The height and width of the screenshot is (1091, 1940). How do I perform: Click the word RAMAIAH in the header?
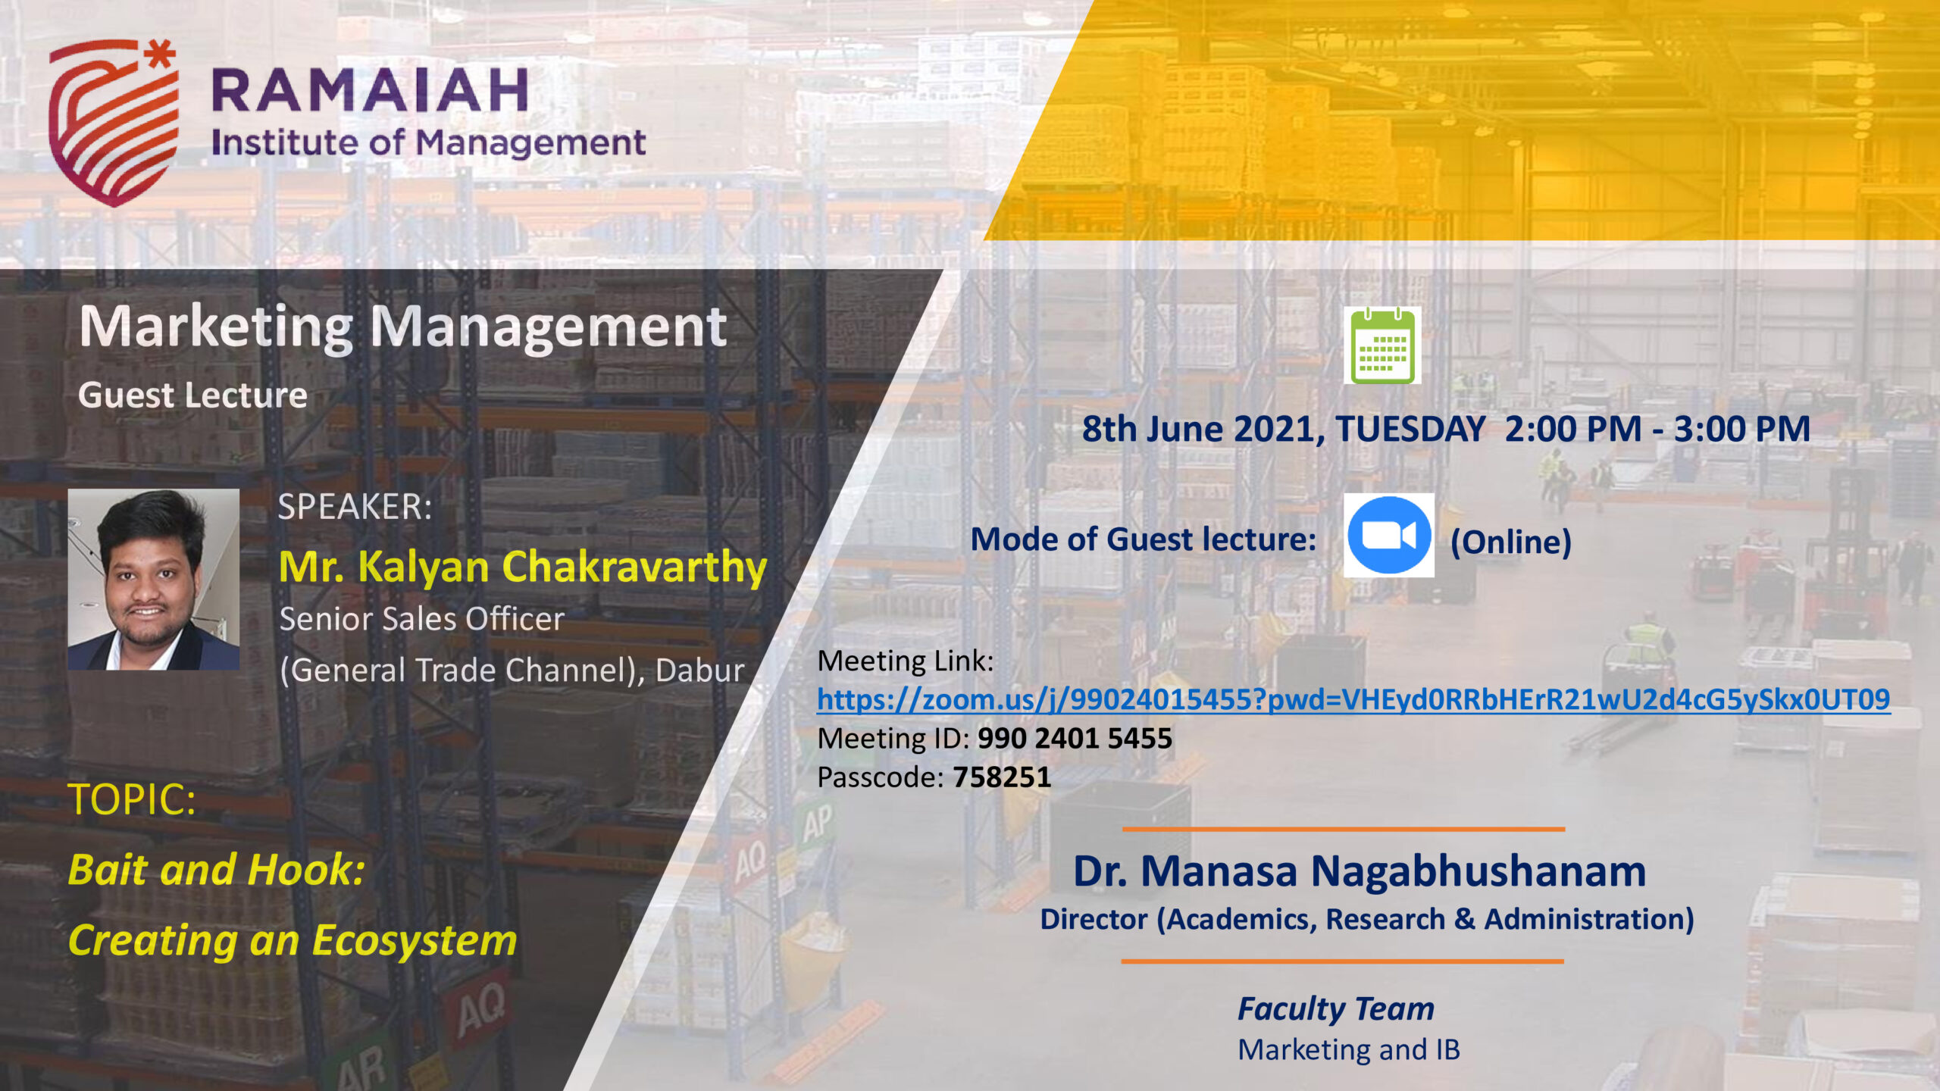369,90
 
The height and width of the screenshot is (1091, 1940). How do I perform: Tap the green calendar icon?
1382,345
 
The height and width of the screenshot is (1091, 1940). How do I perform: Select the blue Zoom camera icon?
1388,535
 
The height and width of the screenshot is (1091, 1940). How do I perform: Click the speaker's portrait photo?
154,579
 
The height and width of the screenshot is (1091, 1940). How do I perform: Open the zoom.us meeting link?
1353,699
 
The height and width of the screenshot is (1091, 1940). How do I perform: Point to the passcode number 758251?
1002,777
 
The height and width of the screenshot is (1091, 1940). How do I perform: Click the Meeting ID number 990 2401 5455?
1075,738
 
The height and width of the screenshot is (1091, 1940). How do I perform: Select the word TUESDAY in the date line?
1410,429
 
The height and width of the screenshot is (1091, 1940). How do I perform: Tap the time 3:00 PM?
1741,429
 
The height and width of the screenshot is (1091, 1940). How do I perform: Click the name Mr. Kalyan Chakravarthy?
523,567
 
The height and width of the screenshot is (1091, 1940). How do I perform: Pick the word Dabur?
699,671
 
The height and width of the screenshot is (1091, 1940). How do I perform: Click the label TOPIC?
132,799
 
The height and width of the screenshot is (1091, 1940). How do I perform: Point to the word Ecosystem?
415,941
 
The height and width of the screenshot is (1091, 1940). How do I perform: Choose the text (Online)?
1511,542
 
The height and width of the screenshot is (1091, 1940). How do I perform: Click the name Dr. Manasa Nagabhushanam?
1360,871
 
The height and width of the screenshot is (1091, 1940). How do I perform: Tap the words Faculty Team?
1336,1009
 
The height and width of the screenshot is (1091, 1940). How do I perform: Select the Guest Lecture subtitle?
192,395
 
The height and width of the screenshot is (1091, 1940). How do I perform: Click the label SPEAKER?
355,506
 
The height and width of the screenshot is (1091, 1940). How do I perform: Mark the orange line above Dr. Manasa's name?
1344,829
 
